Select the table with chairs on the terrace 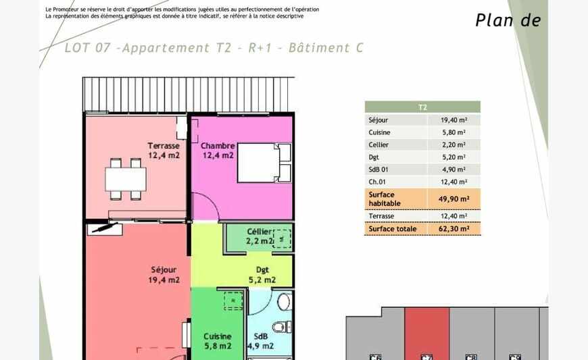[126, 179]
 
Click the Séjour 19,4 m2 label [164, 275]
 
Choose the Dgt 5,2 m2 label [262, 275]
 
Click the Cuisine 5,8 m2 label [218, 341]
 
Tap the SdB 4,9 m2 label [260, 342]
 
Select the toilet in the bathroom [282, 326]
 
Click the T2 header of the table [422, 107]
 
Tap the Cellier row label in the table [378, 145]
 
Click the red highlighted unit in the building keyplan [426, 335]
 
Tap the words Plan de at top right [508, 20]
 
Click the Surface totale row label [393, 229]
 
